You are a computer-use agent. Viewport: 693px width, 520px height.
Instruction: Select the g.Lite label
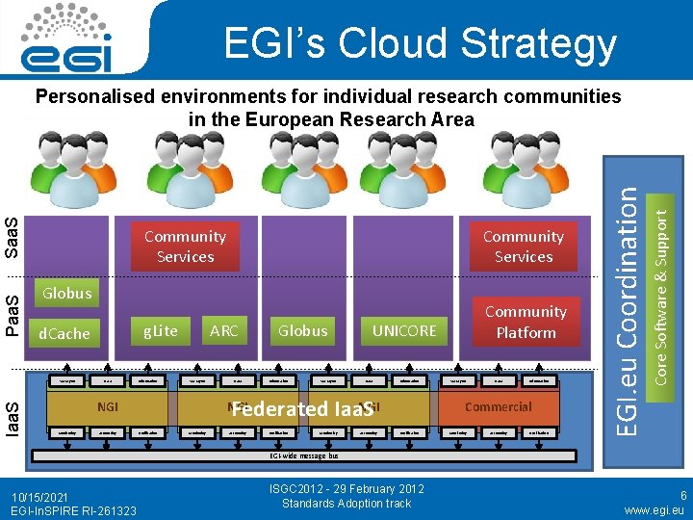[x=161, y=330]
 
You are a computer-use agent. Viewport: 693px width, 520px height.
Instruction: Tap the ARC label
[x=223, y=330]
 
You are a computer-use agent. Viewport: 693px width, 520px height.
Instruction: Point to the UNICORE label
[x=404, y=330]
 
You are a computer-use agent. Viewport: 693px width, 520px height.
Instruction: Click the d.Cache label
[x=64, y=333]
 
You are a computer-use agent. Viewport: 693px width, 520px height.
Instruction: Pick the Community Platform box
[x=526, y=322]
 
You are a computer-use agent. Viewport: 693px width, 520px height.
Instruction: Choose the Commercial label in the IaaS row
[x=499, y=406]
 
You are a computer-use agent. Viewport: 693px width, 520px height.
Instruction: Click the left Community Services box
[x=185, y=247]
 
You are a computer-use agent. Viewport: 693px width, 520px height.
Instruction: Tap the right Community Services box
[x=524, y=247]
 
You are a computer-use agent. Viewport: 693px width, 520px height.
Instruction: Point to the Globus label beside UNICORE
[x=302, y=330]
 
